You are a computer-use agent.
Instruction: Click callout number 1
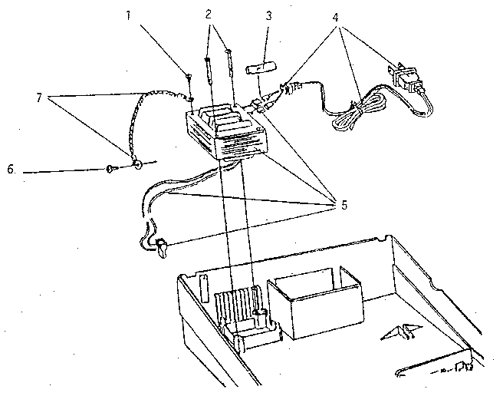pos(128,15)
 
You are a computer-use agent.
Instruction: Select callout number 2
pos(209,15)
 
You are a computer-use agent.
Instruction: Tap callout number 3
pos(268,15)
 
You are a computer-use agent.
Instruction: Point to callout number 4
pos(336,18)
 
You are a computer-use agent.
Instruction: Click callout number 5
pos(344,205)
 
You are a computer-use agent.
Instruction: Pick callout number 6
pos(11,169)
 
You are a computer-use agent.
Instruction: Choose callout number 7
pos(39,97)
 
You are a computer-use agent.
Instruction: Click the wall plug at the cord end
pos(403,77)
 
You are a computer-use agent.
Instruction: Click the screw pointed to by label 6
pos(111,169)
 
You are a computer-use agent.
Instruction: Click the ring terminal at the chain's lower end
pos(138,165)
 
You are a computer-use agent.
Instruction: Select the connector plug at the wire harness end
pos(161,247)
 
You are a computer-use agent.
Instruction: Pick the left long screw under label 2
pos(209,70)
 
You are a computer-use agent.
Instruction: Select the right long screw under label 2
pos(229,63)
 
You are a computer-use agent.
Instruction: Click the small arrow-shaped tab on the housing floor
pos(401,332)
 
